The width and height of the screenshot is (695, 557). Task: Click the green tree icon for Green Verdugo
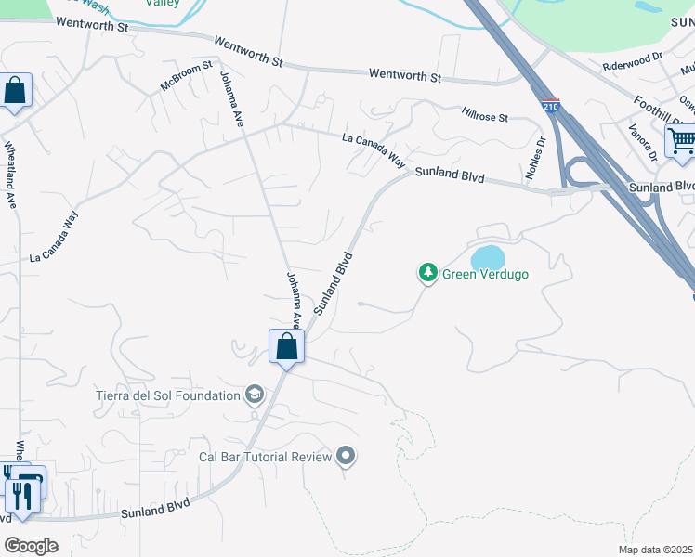tap(427, 273)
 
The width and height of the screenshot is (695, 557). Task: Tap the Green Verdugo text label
tap(485, 274)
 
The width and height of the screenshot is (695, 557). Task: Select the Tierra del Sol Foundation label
tap(168, 395)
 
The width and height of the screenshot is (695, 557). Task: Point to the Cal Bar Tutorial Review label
tap(266, 457)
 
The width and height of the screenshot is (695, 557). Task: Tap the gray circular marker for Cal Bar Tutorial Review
tap(346, 456)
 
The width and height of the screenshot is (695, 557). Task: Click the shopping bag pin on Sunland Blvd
tap(286, 348)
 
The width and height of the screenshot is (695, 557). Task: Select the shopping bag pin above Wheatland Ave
tap(15, 91)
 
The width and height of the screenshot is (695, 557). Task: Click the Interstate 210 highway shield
tap(551, 107)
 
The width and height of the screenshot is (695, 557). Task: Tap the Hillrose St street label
tap(485, 116)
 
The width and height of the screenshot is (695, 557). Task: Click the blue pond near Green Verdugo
tap(488, 255)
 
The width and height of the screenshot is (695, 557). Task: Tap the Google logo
tap(31, 546)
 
